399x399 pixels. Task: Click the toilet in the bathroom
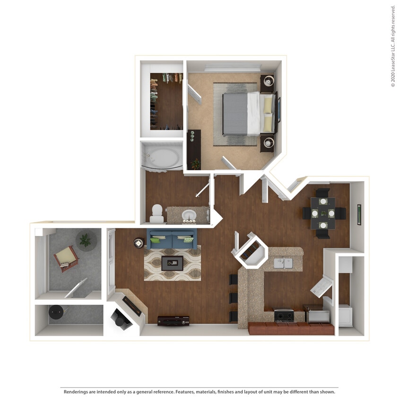pyautogui.click(x=157, y=214)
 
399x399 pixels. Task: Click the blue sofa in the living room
pyautogui.click(x=172, y=239)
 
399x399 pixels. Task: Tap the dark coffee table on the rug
pyautogui.click(x=172, y=263)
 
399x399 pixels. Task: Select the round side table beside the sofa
pyautogui.click(x=139, y=243)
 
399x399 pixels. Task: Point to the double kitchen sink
pyautogui.click(x=284, y=262)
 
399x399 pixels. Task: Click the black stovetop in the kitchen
pyautogui.click(x=285, y=315)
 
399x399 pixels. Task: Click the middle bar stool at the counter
pyautogui.click(x=233, y=298)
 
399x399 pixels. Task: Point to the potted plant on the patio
pyautogui.click(x=86, y=241)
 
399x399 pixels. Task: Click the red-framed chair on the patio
pyautogui.click(x=66, y=258)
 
